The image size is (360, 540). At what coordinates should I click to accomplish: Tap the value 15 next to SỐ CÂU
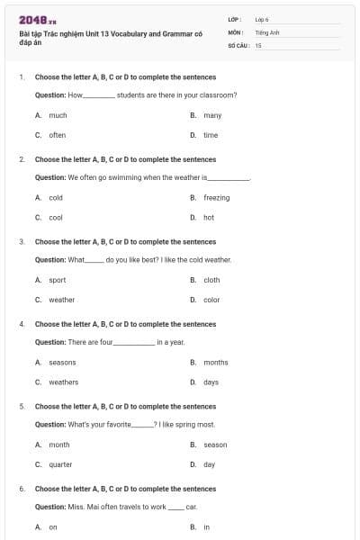pos(258,44)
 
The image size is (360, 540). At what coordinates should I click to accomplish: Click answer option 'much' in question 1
pos(58,115)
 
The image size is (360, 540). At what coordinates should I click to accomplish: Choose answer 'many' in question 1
pos(212,115)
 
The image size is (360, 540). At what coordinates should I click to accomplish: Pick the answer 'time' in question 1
pos(211,135)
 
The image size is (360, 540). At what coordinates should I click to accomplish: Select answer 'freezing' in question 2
pos(216,197)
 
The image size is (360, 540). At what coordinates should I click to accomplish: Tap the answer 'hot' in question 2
pos(209,217)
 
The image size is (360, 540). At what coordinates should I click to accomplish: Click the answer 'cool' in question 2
pos(56,217)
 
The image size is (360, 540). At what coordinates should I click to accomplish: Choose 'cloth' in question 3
pos(211,280)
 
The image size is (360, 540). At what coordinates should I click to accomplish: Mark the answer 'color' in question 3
pos(211,300)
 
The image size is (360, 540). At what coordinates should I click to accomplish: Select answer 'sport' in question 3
pos(58,280)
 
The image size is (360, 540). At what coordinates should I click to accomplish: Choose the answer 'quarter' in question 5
pos(60,464)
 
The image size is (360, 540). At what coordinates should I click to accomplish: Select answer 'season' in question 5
pos(215,445)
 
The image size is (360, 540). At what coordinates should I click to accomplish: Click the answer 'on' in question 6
pos(53,526)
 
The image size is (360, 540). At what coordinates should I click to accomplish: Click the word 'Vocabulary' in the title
pos(128,33)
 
